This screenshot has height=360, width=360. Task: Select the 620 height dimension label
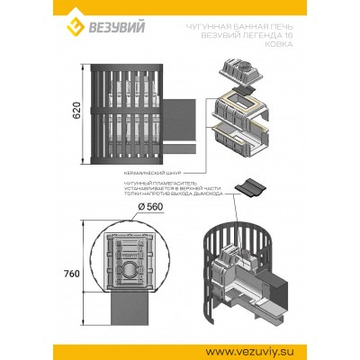pos(76,111)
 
